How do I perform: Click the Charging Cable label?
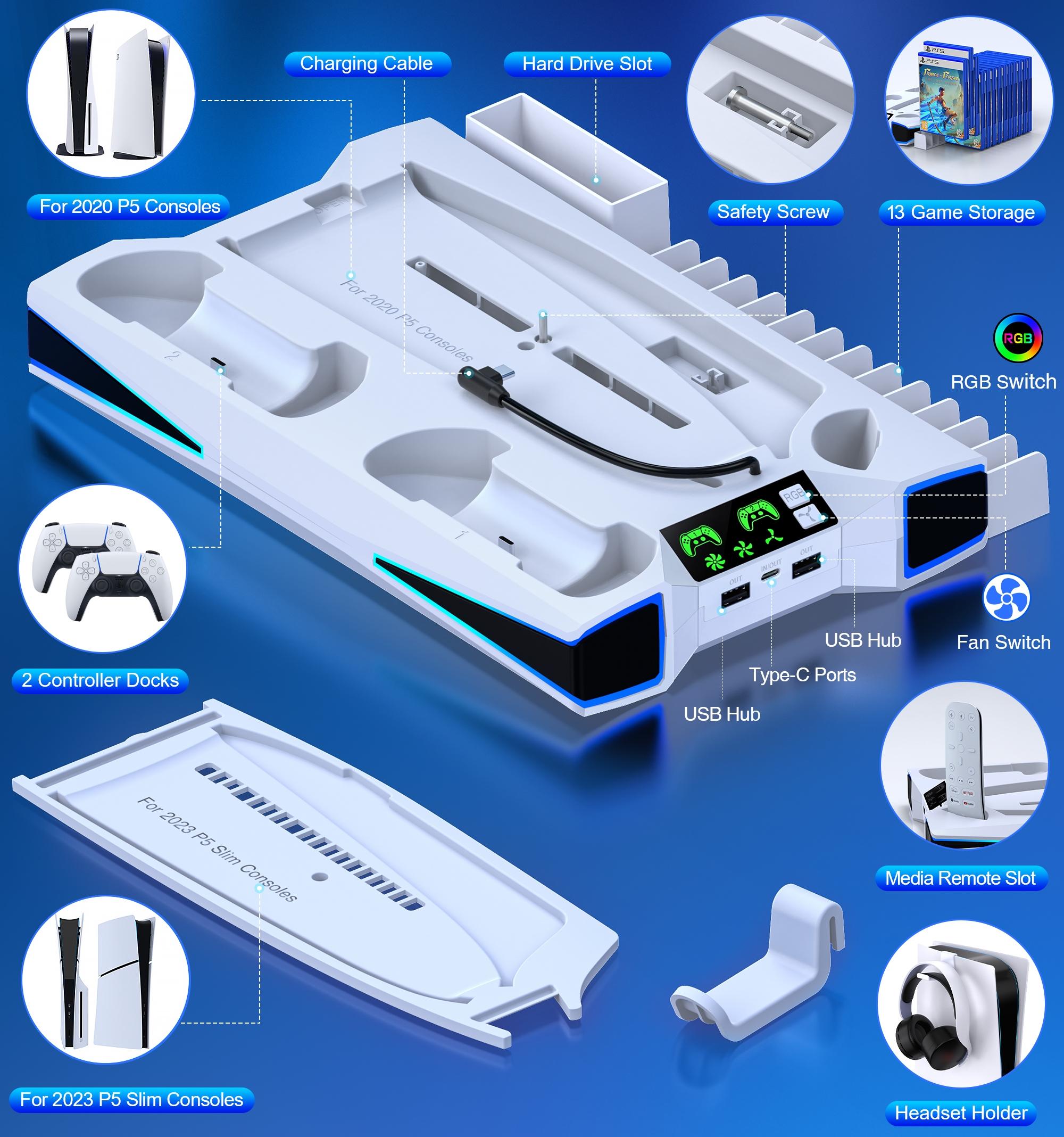pos(367,63)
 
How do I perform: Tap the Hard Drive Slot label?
pos(587,64)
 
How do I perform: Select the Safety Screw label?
pos(773,212)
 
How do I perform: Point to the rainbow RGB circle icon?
pos(1018,338)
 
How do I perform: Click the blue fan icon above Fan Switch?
pos(1006,598)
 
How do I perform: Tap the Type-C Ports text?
pos(802,675)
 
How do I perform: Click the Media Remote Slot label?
pos(960,878)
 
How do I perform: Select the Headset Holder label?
pos(960,1113)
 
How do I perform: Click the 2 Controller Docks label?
pos(100,680)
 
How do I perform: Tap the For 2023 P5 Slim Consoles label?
pos(131,1099)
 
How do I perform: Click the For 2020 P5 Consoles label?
pos(130,207)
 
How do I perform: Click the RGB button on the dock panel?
pos(794,495)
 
